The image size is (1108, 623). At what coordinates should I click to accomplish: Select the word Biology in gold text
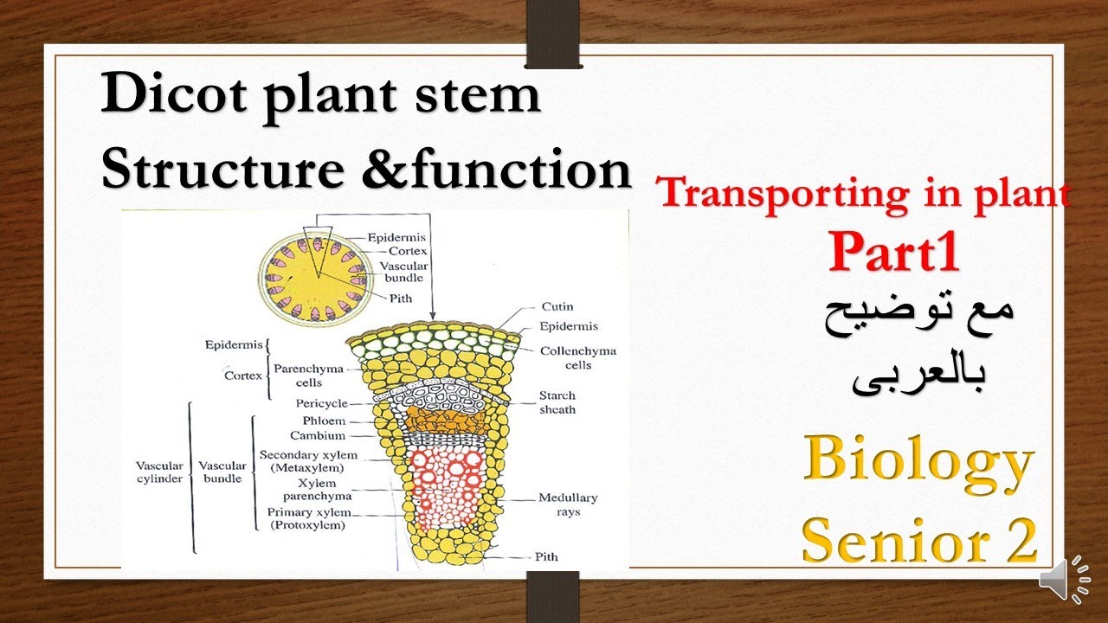click(x=918, y=464)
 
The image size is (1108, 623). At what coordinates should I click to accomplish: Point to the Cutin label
click(x=557, y=307)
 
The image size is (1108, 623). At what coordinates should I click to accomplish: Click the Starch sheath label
click(x=557, y=402)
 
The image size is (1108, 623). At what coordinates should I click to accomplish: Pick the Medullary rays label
click(x=568, y=504)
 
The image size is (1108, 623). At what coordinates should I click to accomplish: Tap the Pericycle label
click(x=321, y=404)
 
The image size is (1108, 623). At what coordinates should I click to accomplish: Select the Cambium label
click(x=318, y=435)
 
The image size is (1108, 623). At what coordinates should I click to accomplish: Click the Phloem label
click(x=324, y=421)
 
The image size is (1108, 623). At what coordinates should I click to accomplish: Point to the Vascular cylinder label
click(x=159, y=472)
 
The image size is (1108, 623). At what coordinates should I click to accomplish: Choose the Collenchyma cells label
click(x=577, y=358)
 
